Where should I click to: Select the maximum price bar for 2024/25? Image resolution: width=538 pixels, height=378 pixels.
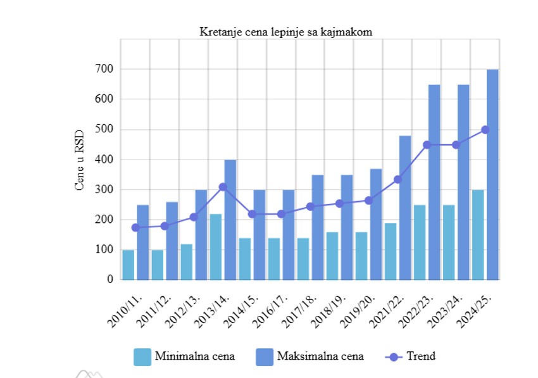point(492,174)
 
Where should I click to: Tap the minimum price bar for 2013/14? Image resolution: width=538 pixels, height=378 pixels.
point(216,247)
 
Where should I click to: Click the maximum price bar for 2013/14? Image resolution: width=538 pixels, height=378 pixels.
point(230,219)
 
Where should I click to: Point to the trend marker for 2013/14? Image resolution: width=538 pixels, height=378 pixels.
point(223,187)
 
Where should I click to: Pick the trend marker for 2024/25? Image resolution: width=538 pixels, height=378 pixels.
point(485,130)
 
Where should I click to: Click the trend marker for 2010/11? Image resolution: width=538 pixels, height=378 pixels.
point(135,227)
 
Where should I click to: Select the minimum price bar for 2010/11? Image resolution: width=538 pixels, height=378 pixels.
point(128,265)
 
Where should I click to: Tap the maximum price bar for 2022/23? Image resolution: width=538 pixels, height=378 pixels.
point(434,182)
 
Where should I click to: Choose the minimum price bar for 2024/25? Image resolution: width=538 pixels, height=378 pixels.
point(478,234)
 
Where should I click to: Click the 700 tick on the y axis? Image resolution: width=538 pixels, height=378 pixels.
point(104,69)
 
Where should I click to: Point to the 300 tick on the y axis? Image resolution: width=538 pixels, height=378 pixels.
point(104,189)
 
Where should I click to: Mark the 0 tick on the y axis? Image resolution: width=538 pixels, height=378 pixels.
point(109,279)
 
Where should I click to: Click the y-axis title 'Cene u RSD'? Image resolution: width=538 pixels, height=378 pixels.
point(80,159)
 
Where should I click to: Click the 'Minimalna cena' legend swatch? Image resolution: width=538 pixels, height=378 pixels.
point(142,356)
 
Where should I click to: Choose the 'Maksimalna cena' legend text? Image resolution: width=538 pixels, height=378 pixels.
point(320,356)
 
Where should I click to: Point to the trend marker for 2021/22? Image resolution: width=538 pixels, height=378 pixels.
point(398,179)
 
